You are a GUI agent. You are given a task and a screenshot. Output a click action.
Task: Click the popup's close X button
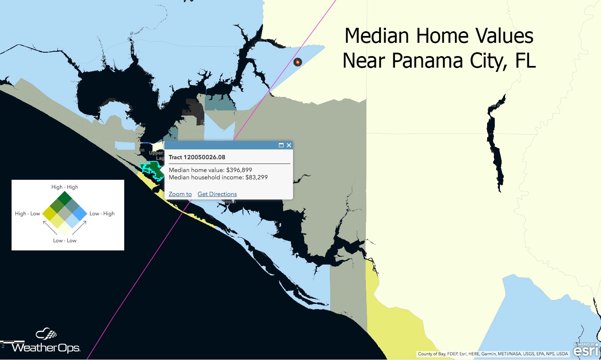click(x=289, y=145)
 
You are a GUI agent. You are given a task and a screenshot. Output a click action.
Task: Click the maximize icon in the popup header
click(x=281, y=145)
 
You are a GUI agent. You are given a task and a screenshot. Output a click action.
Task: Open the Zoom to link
click(x=180, y=194)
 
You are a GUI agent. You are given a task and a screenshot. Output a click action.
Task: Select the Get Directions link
click(x=217, y=194)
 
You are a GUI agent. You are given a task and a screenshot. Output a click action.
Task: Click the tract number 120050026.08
click(x=204, y=157)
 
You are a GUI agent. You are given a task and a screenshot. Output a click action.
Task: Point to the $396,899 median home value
click(x=239, y=170)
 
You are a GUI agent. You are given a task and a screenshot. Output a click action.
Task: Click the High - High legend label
click(x=65, y=187)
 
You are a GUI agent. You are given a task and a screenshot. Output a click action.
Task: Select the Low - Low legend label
click(x=65, y=241)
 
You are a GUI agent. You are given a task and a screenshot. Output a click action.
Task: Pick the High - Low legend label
click(x=27, y=214)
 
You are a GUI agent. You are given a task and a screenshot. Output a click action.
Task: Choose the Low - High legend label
click(x=102, y=214)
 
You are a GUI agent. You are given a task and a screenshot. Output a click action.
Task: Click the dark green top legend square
click(x=65, y=198)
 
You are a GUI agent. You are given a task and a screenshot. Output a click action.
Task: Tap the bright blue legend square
click(x=80, y=213)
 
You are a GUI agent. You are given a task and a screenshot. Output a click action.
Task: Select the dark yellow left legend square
click(x=50, y=213)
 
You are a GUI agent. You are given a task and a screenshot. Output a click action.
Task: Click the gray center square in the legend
click(x=65, y=213)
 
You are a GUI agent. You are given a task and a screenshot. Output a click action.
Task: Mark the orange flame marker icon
click(x=297, y=62)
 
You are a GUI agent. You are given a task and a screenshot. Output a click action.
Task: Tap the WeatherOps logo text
click(x=46, y=347)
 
